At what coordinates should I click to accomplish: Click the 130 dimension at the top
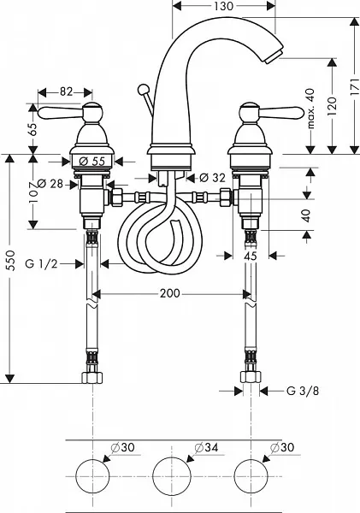[x=224, y=6]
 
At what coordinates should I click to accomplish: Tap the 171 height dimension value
[x=355, y=87]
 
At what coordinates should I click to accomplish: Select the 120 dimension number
[x=332, y=106]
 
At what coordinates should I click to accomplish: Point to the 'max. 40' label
[x=310, y=109]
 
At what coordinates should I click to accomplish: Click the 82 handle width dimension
[x=66, y=92]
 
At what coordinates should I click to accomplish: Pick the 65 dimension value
[x=33, y=129]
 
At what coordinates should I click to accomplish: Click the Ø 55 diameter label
[x=92, y=161]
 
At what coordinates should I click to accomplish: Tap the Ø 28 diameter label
[x=50, y=184]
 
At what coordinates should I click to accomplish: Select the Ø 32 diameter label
[x=212, y=178]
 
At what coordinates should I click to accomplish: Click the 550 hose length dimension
[x=11, y=260]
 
